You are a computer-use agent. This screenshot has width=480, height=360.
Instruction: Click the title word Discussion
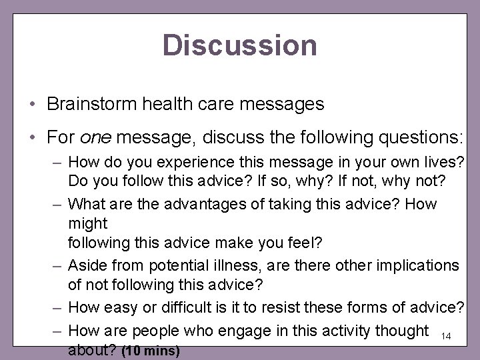pos(240,45)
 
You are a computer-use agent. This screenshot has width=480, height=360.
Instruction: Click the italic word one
pos(93,137)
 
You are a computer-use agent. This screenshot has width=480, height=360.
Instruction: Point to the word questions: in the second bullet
pos(415,137)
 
